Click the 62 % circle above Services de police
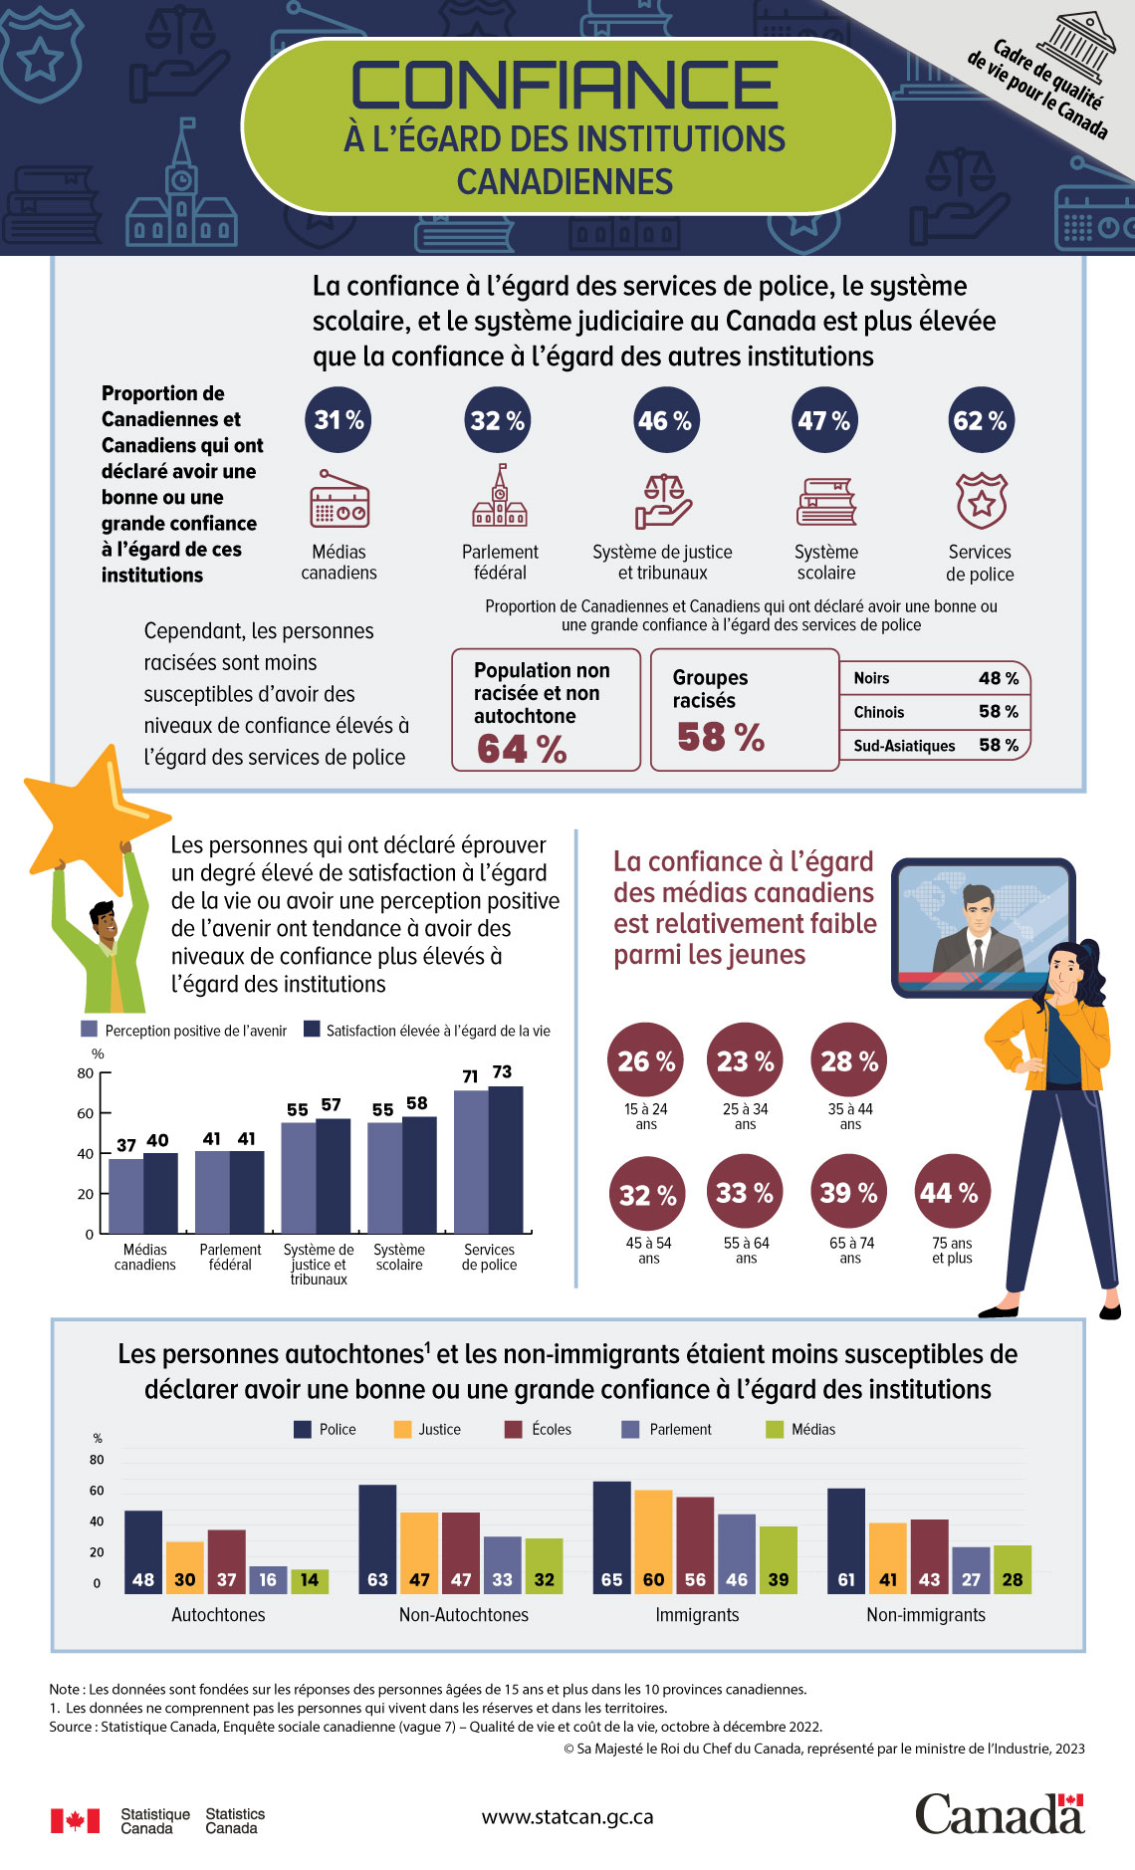(x=980, y=420)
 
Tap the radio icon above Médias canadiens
(x=340, y=500)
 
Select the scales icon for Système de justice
(x=663, y=500)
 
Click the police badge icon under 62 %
(x=981, y=501)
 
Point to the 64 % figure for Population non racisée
(x=522, y=749)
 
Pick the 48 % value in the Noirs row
(x=999, y=678)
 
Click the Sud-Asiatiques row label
(x=904, y=746)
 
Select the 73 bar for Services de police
(x=506, y=1159)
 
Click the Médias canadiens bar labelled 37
(x=125, y=1195)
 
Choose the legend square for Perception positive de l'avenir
(x=90, y=1030)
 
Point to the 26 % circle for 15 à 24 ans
(x=646, y=1061)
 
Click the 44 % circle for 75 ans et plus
(x=951, y=1192)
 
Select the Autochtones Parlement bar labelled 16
(x=268, y=1579)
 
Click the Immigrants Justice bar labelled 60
(x=653, y=1541)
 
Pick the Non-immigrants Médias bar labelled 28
(x=1013, y=1569)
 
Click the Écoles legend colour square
(x=514, y=1429)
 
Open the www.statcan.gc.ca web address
(x=567, y=1816)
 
